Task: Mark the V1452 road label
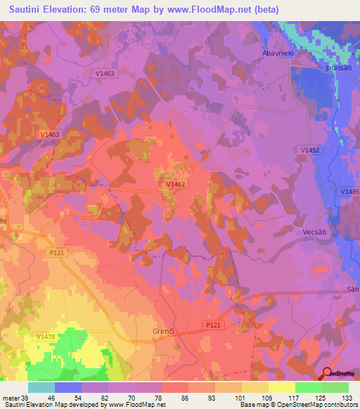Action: [310, 150]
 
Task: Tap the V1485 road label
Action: [349, 191]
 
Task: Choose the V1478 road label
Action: [46, 337]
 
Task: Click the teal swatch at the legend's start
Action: [41, 387]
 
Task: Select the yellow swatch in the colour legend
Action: [282, 387]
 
